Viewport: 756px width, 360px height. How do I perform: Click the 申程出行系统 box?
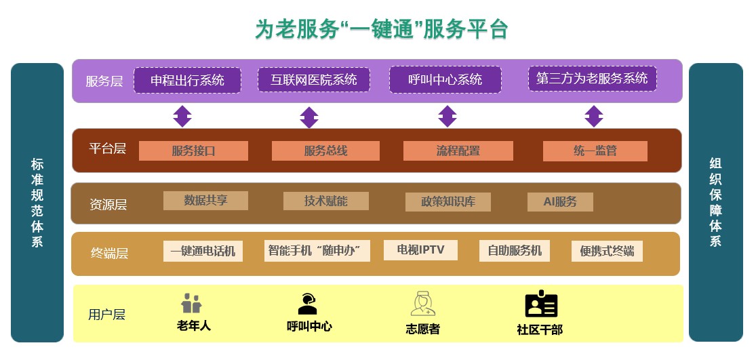tap(187, 80)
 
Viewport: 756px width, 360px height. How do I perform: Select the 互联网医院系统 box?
tap(313, 79)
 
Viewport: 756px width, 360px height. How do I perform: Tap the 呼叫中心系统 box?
tap(445, 79)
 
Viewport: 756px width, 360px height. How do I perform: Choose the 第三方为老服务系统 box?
tap(592, 79)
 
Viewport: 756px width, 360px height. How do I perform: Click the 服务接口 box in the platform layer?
tap(193, 151)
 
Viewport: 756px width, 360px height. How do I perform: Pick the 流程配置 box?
tap(458, 151)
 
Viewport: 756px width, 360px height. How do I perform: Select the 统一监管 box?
tap(595, 151)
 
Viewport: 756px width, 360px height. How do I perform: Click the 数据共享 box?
tap(205, 201)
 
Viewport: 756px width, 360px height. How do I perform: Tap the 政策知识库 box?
tap(447, 202)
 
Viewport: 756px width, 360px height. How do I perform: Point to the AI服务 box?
tap(560, 202)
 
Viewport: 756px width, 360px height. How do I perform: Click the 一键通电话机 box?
tap(203, 251)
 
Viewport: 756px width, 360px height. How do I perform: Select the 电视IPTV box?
tap(420, 250)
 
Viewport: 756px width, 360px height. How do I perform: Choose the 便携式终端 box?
tap(607, 251)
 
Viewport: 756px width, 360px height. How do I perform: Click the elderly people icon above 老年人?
tap(192, 303)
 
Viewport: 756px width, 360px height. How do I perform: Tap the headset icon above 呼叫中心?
tap(308, 303)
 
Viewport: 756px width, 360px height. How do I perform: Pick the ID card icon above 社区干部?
tap(541, 304)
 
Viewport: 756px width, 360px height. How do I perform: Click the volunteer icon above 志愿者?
tap(422, 304)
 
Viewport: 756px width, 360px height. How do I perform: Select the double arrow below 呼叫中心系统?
tap(447, 116)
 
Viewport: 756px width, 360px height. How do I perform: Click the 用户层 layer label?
tap(106, 315)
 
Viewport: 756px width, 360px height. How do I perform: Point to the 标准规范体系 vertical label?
tap(37, 203)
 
